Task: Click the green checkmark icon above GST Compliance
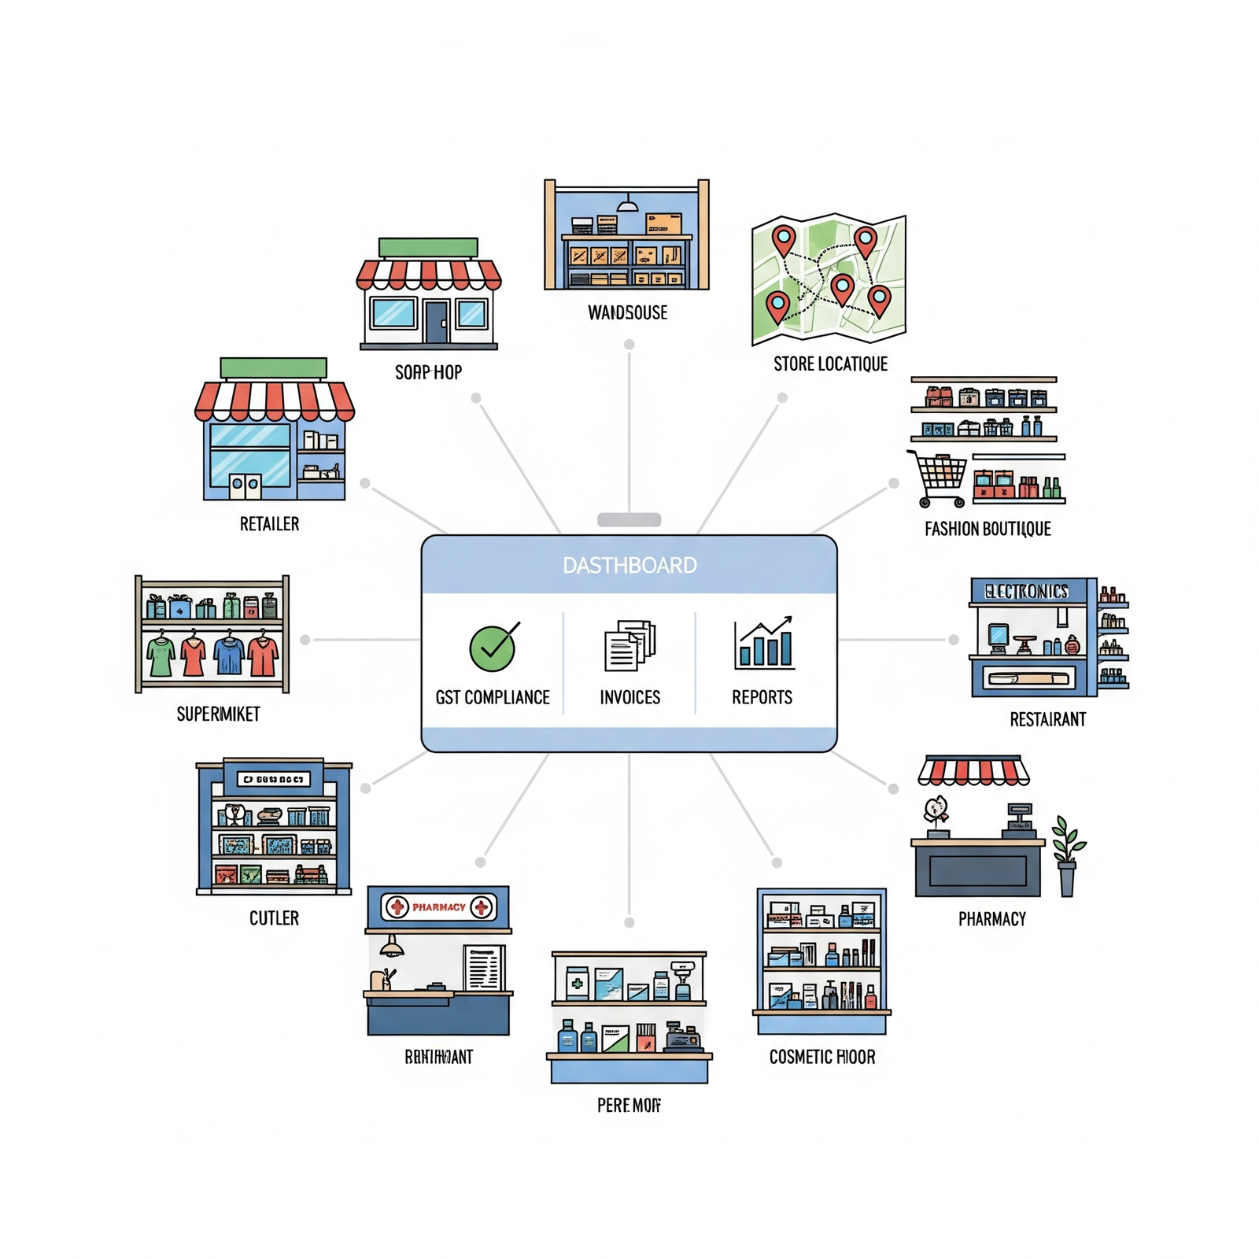(493, 648)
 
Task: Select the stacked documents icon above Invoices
(629, 645)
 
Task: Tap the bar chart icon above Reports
(763, 644)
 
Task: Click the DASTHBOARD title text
(629, 565)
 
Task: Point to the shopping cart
(939, 477)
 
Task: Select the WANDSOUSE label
(628, 312)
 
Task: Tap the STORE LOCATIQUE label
(830, 364)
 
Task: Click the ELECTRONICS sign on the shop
(1027, 591)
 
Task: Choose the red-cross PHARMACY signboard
(438, 907)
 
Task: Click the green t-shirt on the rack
(161, 655)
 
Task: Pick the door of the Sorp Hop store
(435, 321)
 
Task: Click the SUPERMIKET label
(218, 714)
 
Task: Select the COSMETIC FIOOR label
(822, 1057)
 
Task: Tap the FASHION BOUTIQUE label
(988, 529)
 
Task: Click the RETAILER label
(269, 524)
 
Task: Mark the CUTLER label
(274, 918)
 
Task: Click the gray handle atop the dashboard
(629, 519)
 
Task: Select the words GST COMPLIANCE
(493, 697)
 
